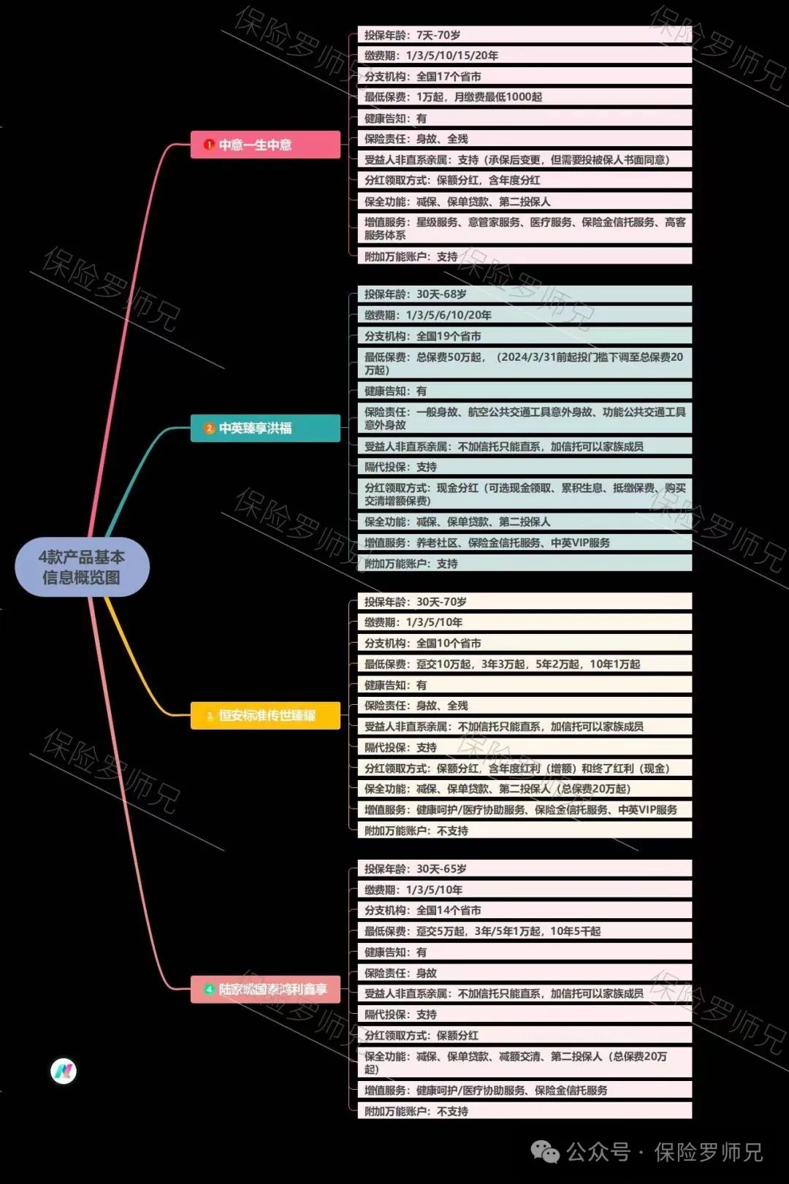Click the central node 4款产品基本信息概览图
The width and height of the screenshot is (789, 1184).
coord(82,567)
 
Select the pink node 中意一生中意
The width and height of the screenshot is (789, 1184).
coord(265,145)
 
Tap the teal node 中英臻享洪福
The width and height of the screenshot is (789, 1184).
coord(265,428)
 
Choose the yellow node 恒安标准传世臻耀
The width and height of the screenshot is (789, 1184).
coord(265,715)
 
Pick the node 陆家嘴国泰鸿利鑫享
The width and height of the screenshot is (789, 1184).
coord(265,989)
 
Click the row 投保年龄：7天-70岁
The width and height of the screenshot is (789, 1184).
coord(524,35)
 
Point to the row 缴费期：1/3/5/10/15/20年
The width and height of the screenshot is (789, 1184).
coord(524,56)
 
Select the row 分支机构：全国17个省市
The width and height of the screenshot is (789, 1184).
coord(524,77)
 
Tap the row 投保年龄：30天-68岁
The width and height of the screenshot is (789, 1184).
coord(524,294)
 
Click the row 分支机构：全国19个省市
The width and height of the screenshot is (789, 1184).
coord(524,336)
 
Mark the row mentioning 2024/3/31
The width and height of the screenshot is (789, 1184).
coord(524,363)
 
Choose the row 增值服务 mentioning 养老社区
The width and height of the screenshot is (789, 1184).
coord(524,543)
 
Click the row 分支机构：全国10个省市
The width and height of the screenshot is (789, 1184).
coord(524,643)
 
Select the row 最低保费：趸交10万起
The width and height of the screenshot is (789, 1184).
coord(524,664)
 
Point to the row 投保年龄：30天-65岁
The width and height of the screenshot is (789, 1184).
coord(524,869)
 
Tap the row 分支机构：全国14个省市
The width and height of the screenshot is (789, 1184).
coord(524,911)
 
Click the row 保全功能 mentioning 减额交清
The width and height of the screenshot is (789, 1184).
coord(524,1062)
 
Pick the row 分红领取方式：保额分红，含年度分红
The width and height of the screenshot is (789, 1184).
coord(524,180)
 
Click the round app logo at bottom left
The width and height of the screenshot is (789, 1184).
coord(64,1071)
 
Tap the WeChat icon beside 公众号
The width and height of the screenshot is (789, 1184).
coord(545,1152)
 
